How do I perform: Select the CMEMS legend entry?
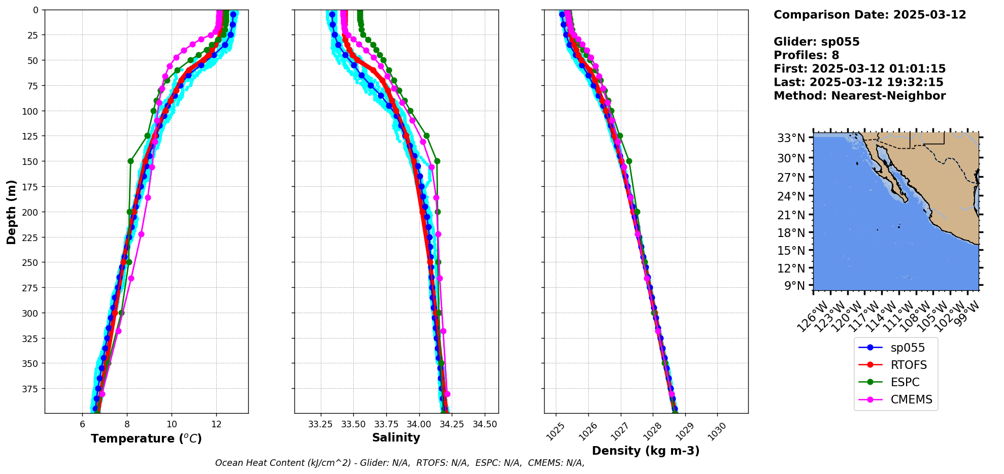(911, 399)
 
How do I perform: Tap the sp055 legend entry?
(908, 348)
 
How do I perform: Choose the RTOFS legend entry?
(909, 365)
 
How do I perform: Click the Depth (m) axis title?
(11, 212)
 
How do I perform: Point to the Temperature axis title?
(146, 438)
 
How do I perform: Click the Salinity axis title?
(396, 437)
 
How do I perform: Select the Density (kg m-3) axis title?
(646, 451)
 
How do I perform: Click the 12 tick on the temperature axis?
(216, 424)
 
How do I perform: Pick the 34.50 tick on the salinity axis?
(485, 424)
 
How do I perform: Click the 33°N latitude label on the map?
(791, 138)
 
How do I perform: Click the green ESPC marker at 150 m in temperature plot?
(130, 161)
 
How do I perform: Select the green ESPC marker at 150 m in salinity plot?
(437, 161)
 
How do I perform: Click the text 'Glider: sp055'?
(816, 42)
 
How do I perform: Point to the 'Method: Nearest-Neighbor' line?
(859, 95)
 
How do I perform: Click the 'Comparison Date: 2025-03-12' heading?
(869, 15)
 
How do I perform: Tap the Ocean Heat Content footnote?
(399, 463)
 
